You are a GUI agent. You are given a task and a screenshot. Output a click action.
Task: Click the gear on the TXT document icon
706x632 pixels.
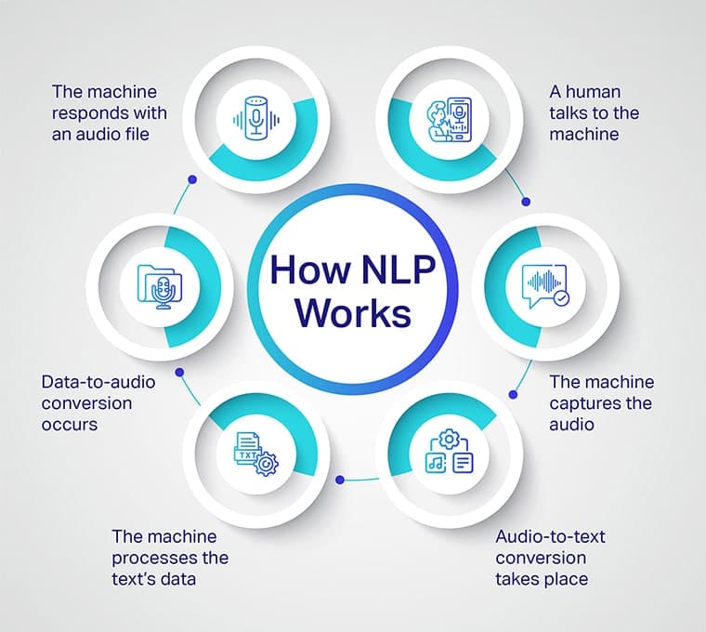coord(268,463)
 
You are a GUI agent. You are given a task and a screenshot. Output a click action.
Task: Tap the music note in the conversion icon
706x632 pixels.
coord(435,462)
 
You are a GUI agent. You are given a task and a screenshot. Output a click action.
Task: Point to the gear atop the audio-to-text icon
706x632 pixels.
coord(450,438)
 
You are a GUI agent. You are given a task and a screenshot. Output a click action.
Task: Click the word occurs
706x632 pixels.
coord(71,424)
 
